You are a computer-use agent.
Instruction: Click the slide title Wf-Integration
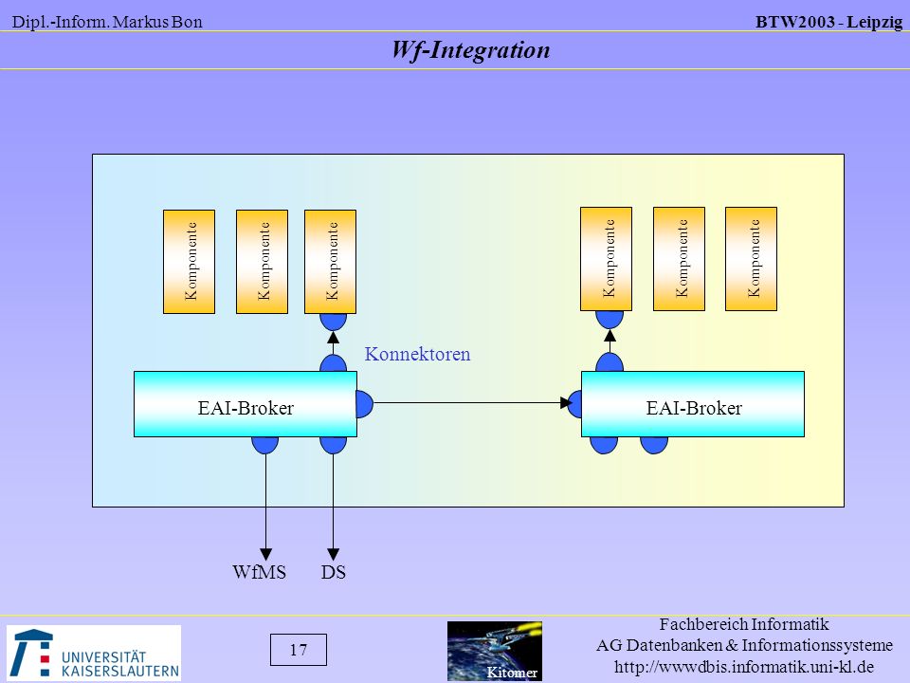[x=471, y=50]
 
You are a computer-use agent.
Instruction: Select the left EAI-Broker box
[x=246, y=404]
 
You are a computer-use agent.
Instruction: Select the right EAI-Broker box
[x=693, y=404]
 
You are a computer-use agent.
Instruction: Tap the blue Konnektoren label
[x=417, y=354]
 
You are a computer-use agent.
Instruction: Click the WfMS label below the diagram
[x=260, y=572]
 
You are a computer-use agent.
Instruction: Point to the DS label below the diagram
[x=333, y=572]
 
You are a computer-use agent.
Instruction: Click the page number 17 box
[x=299, y=649]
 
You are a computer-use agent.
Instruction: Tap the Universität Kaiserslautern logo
[x=94, y=653]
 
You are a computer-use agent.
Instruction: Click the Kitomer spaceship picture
[x=495, y=651]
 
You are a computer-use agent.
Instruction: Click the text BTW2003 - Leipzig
[x=828, y=22]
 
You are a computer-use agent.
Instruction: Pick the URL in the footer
[x=744, y=666]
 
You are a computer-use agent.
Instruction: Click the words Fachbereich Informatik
[x=744, y=624]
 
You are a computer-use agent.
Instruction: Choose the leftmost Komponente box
[x=190, y=262]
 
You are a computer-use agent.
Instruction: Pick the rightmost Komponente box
[x=751, y=259]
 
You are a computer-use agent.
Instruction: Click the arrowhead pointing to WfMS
[x=265, y=554]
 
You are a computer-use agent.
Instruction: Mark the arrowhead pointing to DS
[x=333, y=554]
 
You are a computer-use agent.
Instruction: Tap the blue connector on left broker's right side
[x=364, y=404]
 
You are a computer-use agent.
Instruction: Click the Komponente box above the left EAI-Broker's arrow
[x=330, y=262]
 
